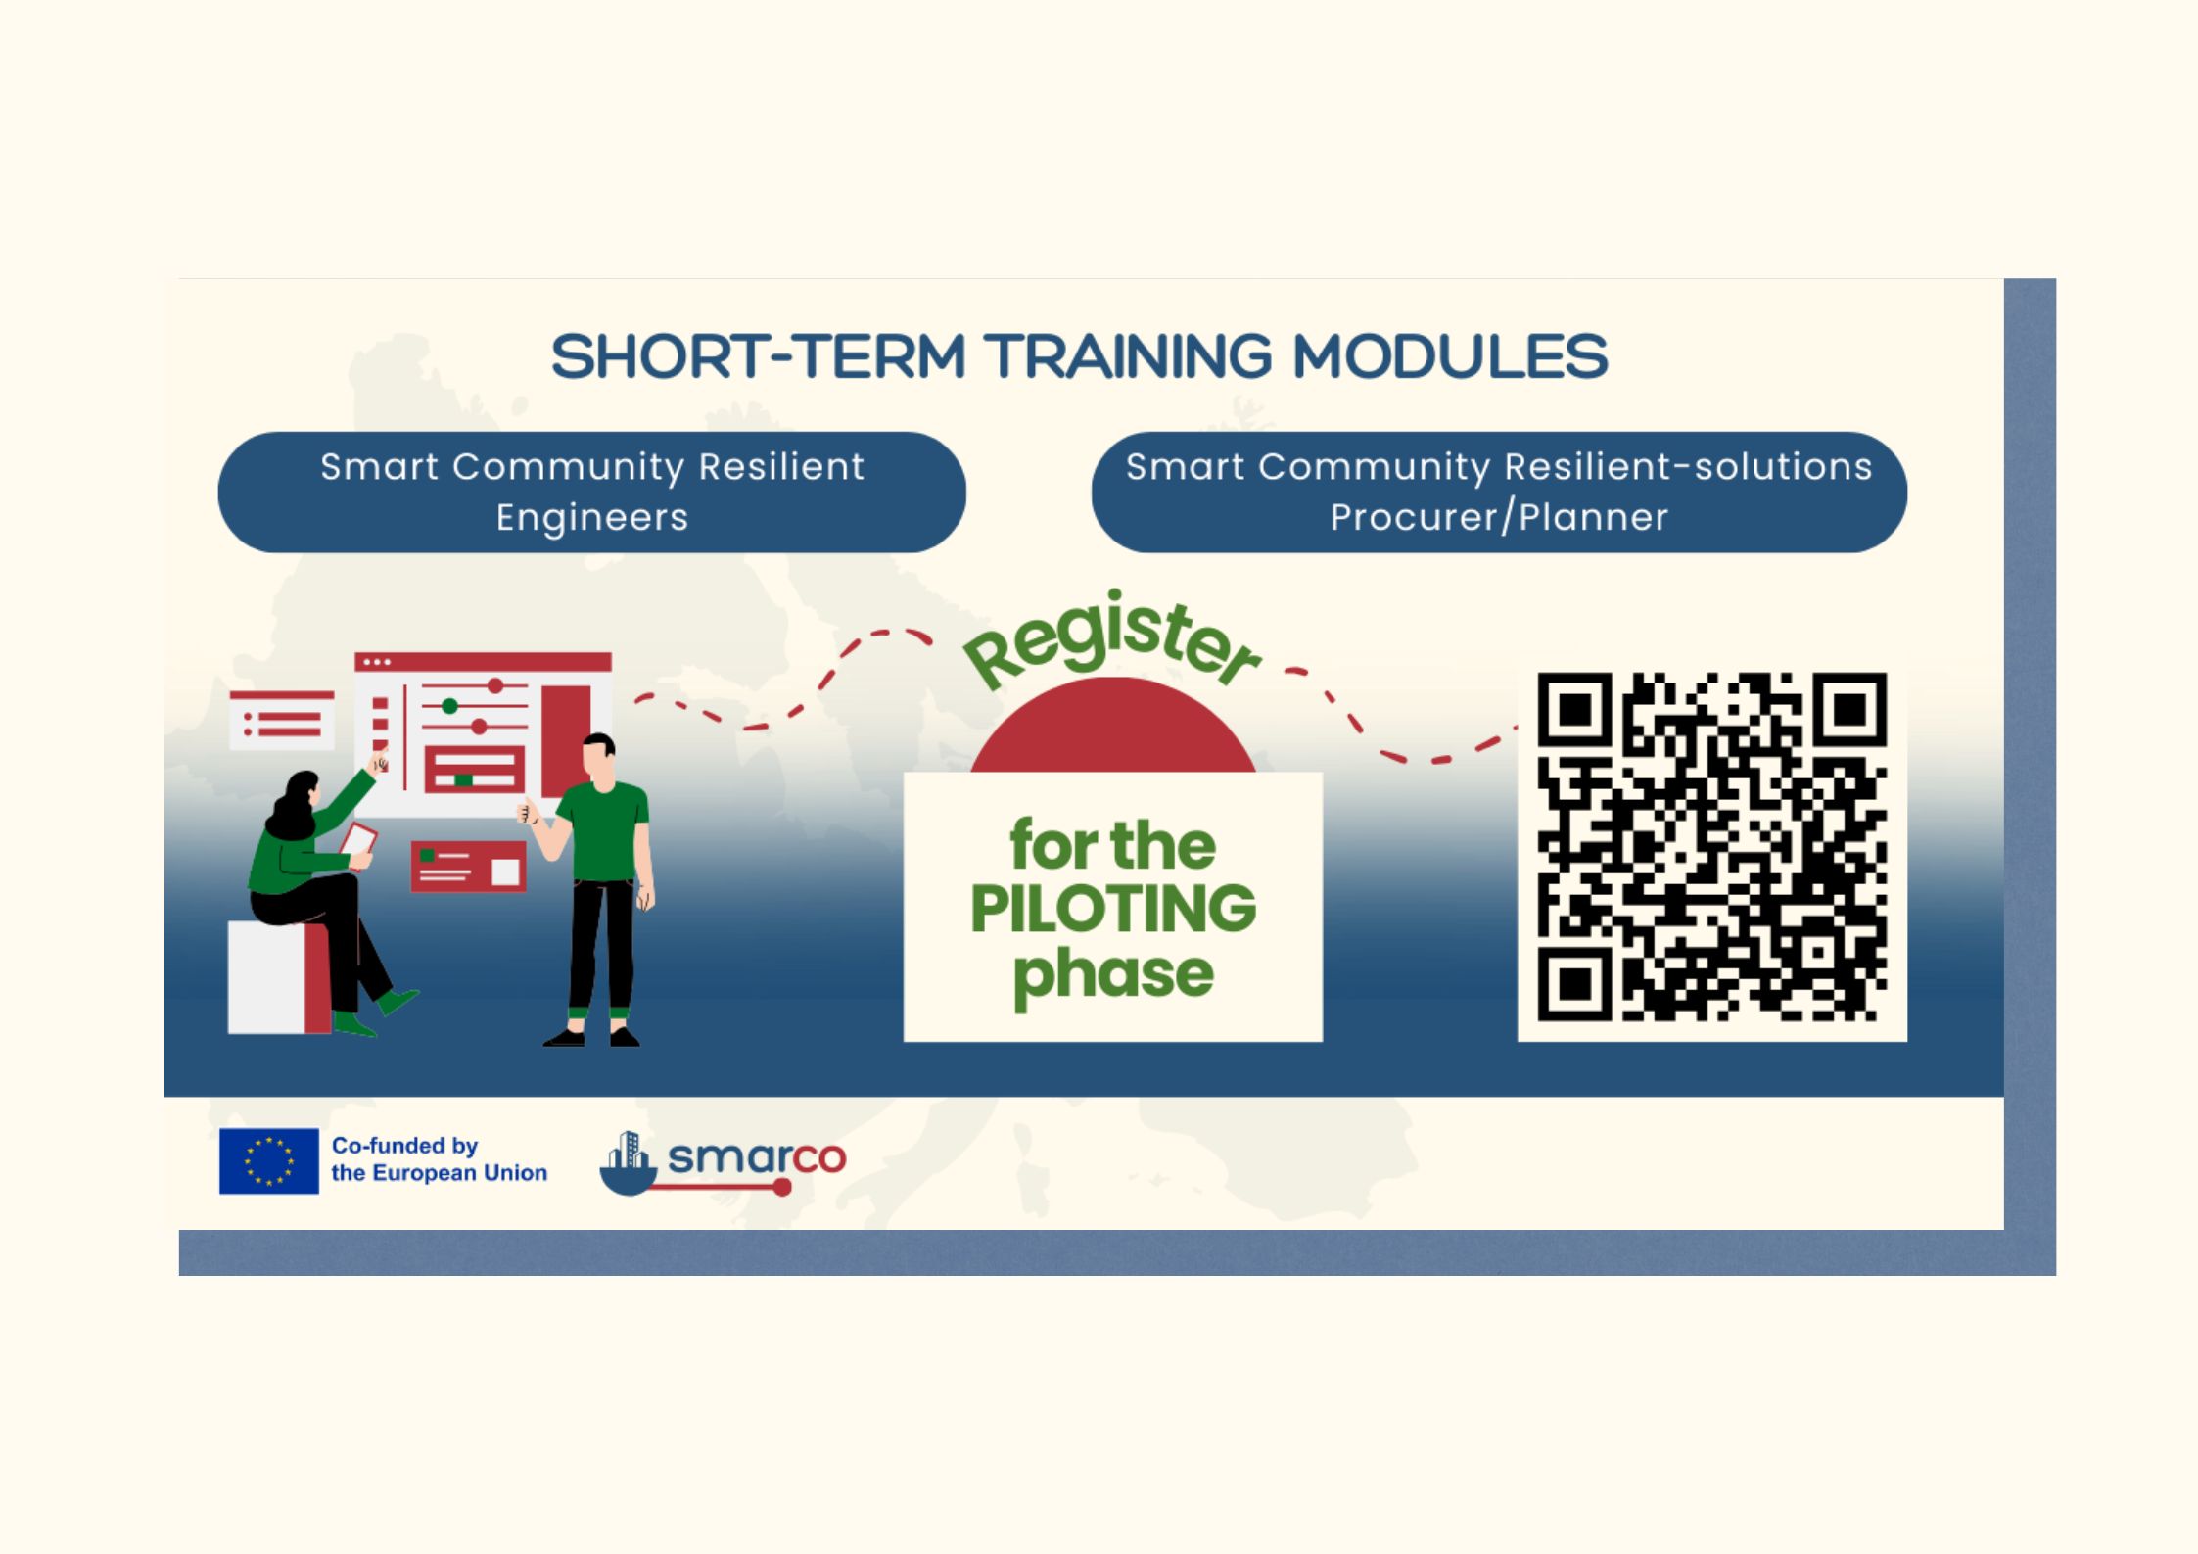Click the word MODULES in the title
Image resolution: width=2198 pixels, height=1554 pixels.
(1450, 356)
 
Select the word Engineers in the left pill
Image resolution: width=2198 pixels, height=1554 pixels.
(592, 518)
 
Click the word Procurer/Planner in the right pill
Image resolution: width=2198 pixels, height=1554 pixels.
(1498, 517)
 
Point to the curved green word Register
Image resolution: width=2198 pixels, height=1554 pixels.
(1112, 641)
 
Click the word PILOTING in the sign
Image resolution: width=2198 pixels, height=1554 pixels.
(1113, 909)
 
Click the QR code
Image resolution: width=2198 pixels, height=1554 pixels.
(1711, 847)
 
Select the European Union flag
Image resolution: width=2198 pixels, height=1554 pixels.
(268, 1160)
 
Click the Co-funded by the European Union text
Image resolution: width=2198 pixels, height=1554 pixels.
(439, 1159)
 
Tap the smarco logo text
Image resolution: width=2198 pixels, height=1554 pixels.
(756, 1158)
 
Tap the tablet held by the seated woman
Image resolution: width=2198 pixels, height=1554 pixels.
(358, 840)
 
